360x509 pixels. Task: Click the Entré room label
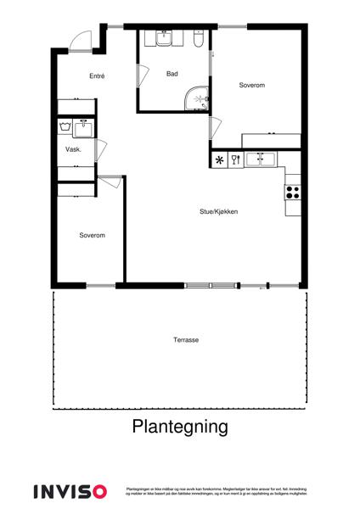97,76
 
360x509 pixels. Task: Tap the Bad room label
172,74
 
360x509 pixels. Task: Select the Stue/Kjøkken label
218,211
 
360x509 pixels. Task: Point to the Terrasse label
186,339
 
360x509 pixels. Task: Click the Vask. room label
73,149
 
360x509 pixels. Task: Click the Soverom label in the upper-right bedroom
252,85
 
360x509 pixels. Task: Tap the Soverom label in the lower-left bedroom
92,235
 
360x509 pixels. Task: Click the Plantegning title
180,427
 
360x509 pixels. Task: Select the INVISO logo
70,491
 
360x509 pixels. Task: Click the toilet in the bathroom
197,39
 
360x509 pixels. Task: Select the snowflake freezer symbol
219,159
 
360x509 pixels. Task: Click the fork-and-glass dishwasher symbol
236,159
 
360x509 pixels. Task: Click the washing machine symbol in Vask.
65,128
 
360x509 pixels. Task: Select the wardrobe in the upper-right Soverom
272,140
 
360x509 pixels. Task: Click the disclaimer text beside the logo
215,491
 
